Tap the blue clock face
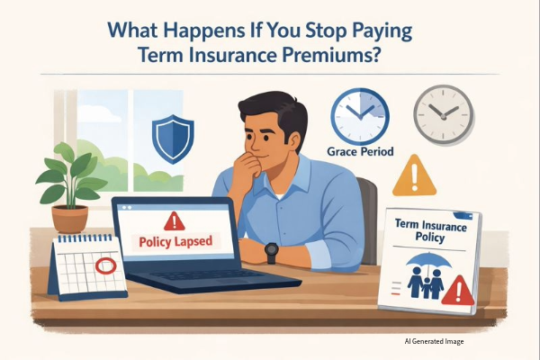click(x=359, y=115)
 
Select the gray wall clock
click(x=442, y=114)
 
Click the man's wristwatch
click(x=271, y=252)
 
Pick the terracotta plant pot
click(x=68, y=218)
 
